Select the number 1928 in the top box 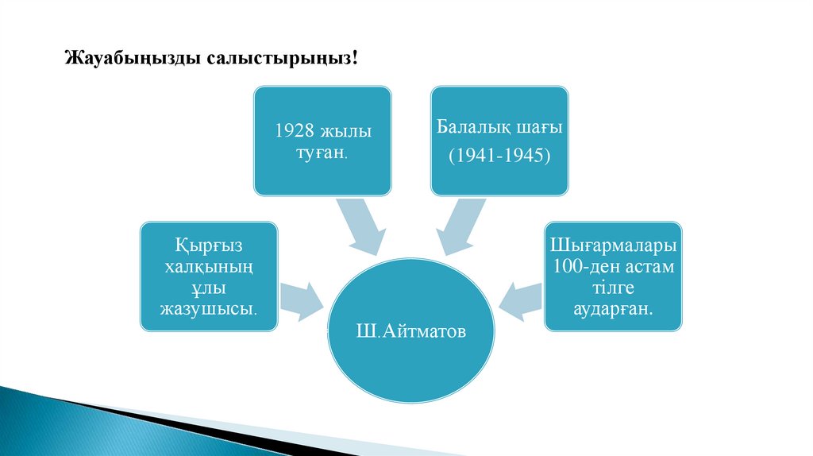point(292,129)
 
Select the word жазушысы point(210,307)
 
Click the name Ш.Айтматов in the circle point(411,328)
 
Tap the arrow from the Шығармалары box point(520,299)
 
